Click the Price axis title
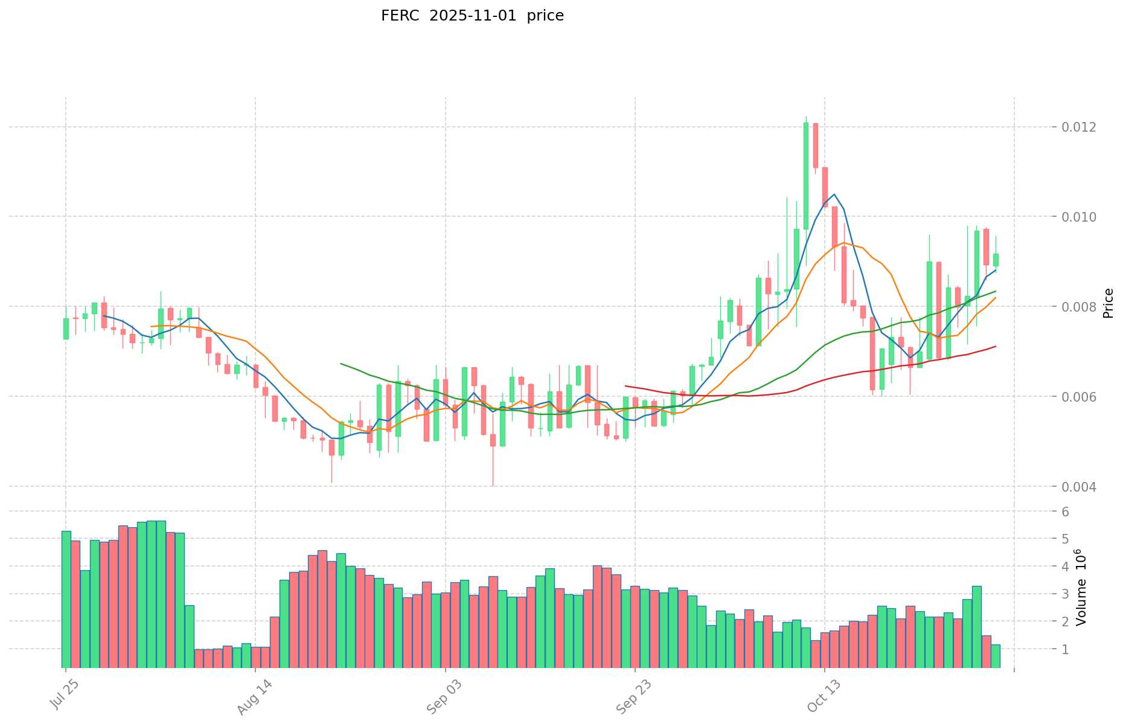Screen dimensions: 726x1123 point(1108,303)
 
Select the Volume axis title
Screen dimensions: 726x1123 point(1081,587)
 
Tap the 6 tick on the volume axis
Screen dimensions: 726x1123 point(1065,512)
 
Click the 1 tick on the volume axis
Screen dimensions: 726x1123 point(1065,649)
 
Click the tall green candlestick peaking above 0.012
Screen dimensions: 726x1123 point(806,176)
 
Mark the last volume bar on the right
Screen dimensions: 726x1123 point(996,656)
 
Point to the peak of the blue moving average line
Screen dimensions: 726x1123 point(834,194)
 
